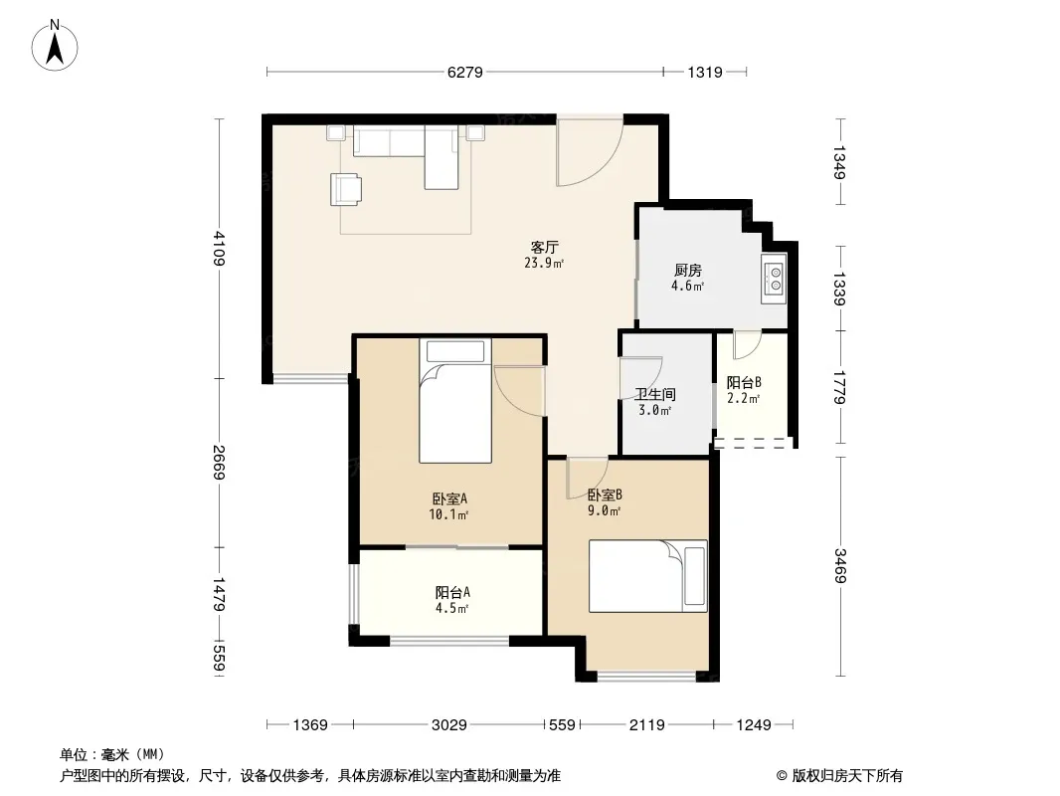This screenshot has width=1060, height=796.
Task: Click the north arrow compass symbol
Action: pos(55,46)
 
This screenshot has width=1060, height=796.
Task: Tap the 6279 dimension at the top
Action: pos(465,72)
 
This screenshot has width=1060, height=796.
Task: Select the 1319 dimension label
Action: pos(705,72)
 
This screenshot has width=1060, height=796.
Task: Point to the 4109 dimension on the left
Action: pos(219,248)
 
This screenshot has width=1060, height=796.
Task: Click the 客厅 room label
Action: pos(544,247)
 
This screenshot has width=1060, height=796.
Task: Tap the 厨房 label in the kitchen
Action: pos(687,271)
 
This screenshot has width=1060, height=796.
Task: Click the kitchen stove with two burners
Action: pos(774,279)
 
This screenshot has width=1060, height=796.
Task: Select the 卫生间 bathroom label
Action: pos(655,394)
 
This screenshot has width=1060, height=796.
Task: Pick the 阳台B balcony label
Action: pos(744,382)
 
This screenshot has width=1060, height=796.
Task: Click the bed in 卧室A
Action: pos(455,400)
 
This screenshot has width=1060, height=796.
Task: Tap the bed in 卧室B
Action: pos(647,575)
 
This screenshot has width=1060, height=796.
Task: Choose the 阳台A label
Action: pos(452,592)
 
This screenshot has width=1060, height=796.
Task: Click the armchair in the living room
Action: pos(345,189)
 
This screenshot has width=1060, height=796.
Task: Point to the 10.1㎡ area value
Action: pos(448,514)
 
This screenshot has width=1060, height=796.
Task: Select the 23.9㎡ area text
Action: pos(544,263)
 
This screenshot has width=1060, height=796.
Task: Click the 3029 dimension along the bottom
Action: pos(448,725)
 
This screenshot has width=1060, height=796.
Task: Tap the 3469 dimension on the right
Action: pos(839,565)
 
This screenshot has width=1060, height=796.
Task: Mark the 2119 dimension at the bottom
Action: pos(647,725)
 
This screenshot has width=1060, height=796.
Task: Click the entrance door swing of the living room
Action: pos(589,151)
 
